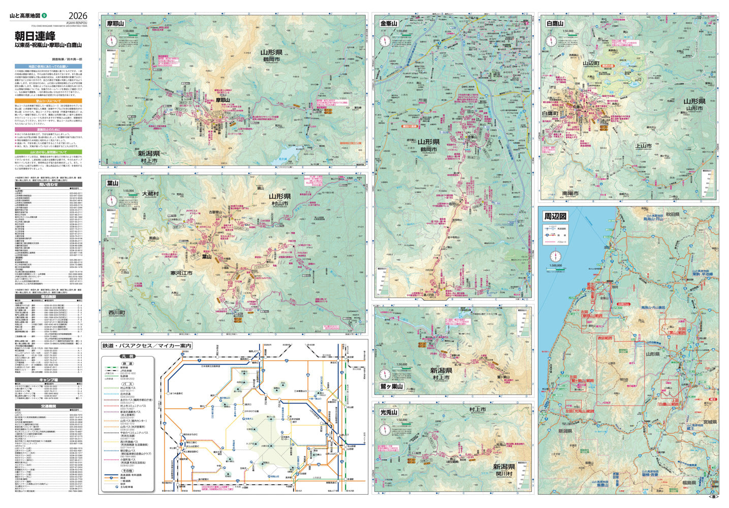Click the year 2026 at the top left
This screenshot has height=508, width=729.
point(78,16)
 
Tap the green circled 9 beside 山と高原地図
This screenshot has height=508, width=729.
point(44,16)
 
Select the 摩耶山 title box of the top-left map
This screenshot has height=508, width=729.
point(115,23)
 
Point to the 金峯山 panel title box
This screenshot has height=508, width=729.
point(389,23)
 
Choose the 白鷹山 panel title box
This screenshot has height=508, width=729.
point(556,23)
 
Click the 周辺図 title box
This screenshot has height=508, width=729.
point(555,216)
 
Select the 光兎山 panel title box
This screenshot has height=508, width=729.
point(389,412)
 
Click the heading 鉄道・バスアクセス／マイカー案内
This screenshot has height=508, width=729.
point(147,346)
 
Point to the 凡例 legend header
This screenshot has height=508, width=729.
point(127,357)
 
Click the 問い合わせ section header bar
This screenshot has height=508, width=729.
point(49,185)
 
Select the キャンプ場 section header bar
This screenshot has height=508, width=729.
point(49,379)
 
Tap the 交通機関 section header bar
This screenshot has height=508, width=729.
point(49,405)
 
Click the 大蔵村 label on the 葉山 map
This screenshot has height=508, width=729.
point(150,194)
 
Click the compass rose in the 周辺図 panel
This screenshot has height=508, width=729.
point(554,256)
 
